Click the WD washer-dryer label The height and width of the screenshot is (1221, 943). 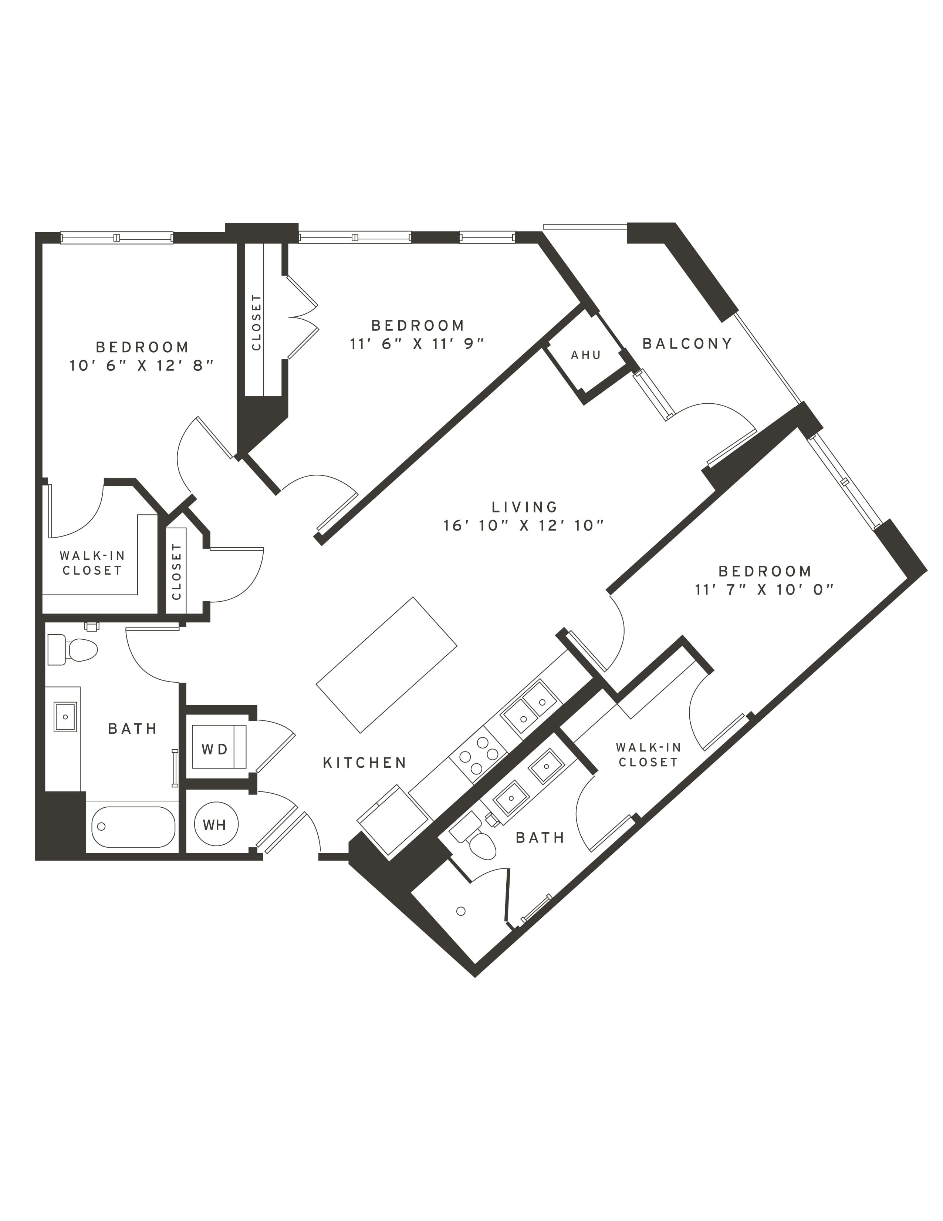tap(214, 749)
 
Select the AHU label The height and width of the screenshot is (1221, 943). tap(586, 355)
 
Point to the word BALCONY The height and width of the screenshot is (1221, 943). tap(687, 343)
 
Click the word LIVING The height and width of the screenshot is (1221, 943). tap(525, 507)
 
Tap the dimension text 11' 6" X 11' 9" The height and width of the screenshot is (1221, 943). tap(417, 343)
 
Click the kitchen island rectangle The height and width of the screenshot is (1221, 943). tap(386, 665)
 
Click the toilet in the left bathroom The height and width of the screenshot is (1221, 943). tap(72, 650)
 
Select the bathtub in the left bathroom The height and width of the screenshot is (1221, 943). tap(133, 827)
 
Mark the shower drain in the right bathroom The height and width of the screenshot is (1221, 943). tap(461, 911)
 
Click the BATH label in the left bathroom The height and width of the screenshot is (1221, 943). tap(132, 729)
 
